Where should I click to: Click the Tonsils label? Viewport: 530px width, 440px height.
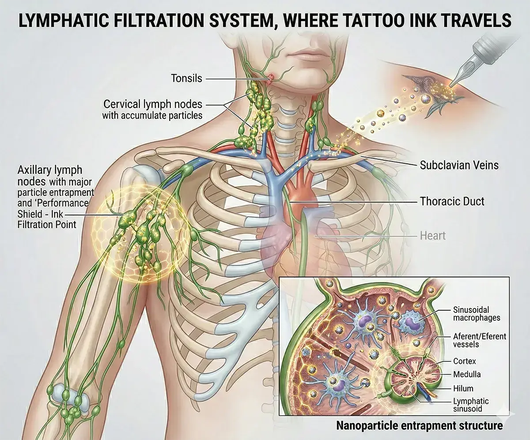[186, 79]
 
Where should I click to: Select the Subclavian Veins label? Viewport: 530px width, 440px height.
[459, 165]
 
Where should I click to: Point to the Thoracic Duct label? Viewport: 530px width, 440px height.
[452, 201]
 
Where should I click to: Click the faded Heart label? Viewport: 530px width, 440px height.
[433, 236]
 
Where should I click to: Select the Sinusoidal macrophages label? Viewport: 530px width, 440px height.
[477, 314]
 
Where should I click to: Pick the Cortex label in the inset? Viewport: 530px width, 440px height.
[465, 361]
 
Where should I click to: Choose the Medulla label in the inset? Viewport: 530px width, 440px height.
[467, 374]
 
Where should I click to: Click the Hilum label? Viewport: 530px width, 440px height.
[463, 388]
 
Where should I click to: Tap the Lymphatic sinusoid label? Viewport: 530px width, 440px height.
[471, 405]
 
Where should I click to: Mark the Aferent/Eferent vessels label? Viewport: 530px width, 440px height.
[480, 340]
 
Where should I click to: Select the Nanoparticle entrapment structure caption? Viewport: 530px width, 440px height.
[419, 425]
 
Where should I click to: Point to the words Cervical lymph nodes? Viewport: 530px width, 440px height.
[153, 104]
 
